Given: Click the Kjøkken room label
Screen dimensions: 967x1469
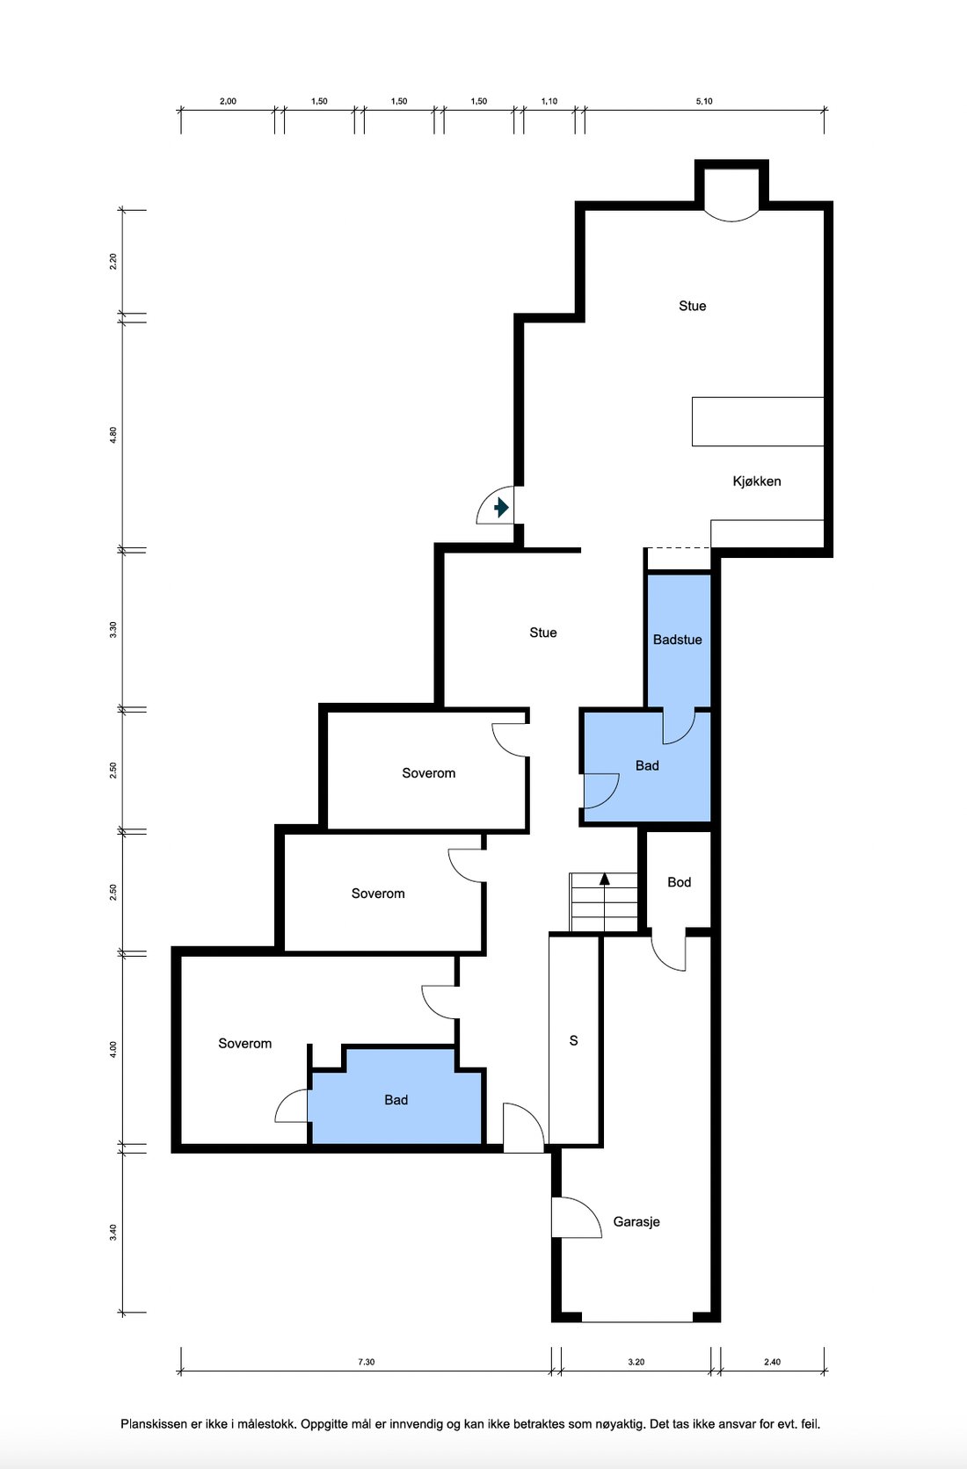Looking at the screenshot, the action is click(x=756, y=481).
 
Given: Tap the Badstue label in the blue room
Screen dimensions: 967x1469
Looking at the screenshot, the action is click(x=677, y=640).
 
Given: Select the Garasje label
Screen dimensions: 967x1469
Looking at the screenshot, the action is click(x=636, y=1222).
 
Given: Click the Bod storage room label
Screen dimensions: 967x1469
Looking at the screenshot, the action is click(x=679, y=882).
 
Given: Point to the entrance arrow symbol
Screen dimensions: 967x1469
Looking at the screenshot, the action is click(x=501, y=507).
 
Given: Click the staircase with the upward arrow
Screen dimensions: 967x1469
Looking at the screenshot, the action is click(x=604, y=901).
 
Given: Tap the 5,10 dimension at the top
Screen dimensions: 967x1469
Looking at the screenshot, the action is click(x=704, y=101).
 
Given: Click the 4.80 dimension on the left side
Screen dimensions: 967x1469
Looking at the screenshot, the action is click(x=113, y=435).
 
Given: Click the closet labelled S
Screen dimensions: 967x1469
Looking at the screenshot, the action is click(x=574, y=1039).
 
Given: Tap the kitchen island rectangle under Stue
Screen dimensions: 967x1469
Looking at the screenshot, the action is click(x=758, y=422).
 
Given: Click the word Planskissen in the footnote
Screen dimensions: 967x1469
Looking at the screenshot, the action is click(x=153, y=1423).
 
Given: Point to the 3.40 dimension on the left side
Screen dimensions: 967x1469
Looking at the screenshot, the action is click(x=113, y=1233).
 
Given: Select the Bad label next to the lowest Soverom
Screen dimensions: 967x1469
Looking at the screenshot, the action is click(x=396, y=1100).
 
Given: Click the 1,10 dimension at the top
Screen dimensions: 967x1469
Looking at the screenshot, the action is click(x=549, y=101).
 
